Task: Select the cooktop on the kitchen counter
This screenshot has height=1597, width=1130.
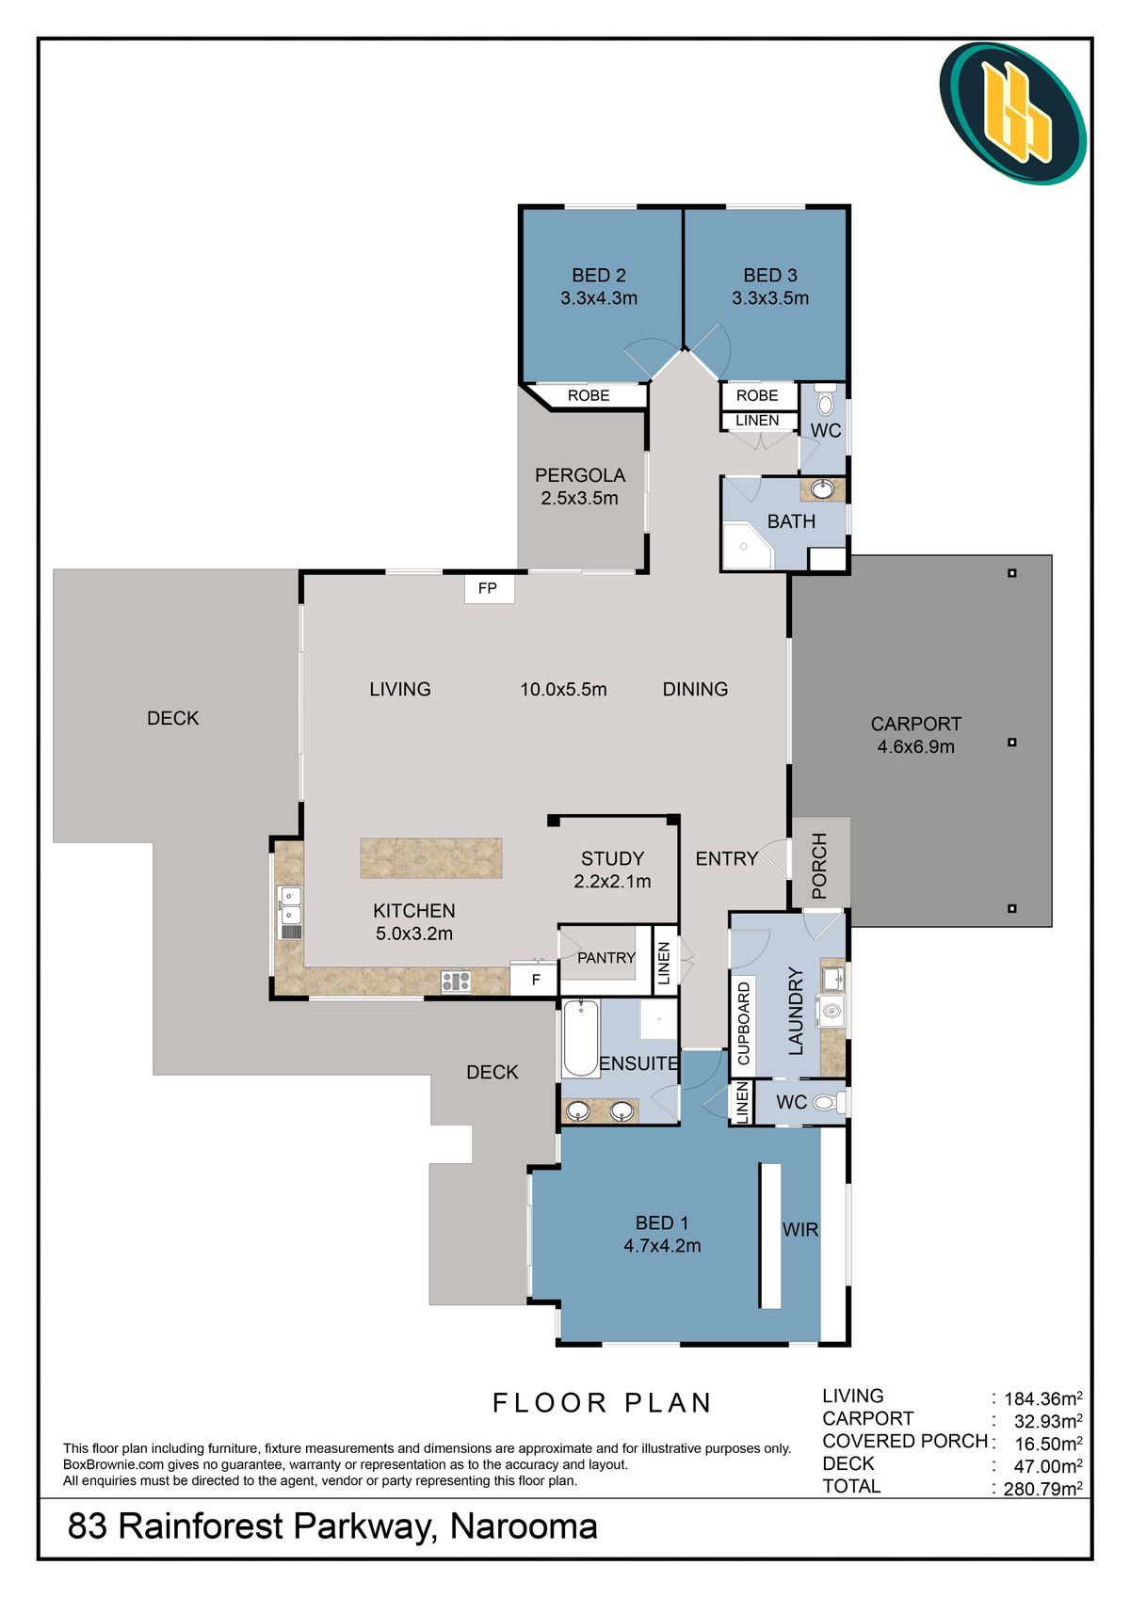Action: point(455,981)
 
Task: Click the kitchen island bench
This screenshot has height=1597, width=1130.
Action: point(431,857)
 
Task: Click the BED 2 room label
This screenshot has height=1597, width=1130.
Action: point(599,275)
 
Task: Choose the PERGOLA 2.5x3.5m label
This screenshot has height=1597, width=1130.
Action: point(579,487)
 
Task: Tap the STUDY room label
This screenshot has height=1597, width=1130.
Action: point(612,858)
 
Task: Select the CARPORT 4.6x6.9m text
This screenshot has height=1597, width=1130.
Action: point(915,735)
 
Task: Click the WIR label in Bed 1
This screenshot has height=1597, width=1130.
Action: point(799,1230)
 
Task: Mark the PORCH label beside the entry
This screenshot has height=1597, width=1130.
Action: point(819,866)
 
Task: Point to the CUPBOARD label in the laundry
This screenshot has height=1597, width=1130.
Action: point(743,1023)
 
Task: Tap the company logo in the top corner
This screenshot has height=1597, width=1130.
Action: point(1013,113)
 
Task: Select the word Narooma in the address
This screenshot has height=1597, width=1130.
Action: point(524,1526)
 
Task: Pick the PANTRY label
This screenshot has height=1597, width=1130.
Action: point(605,957)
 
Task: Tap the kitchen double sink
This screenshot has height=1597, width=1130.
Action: point(290,913)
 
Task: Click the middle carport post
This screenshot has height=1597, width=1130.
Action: point(1011,743)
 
